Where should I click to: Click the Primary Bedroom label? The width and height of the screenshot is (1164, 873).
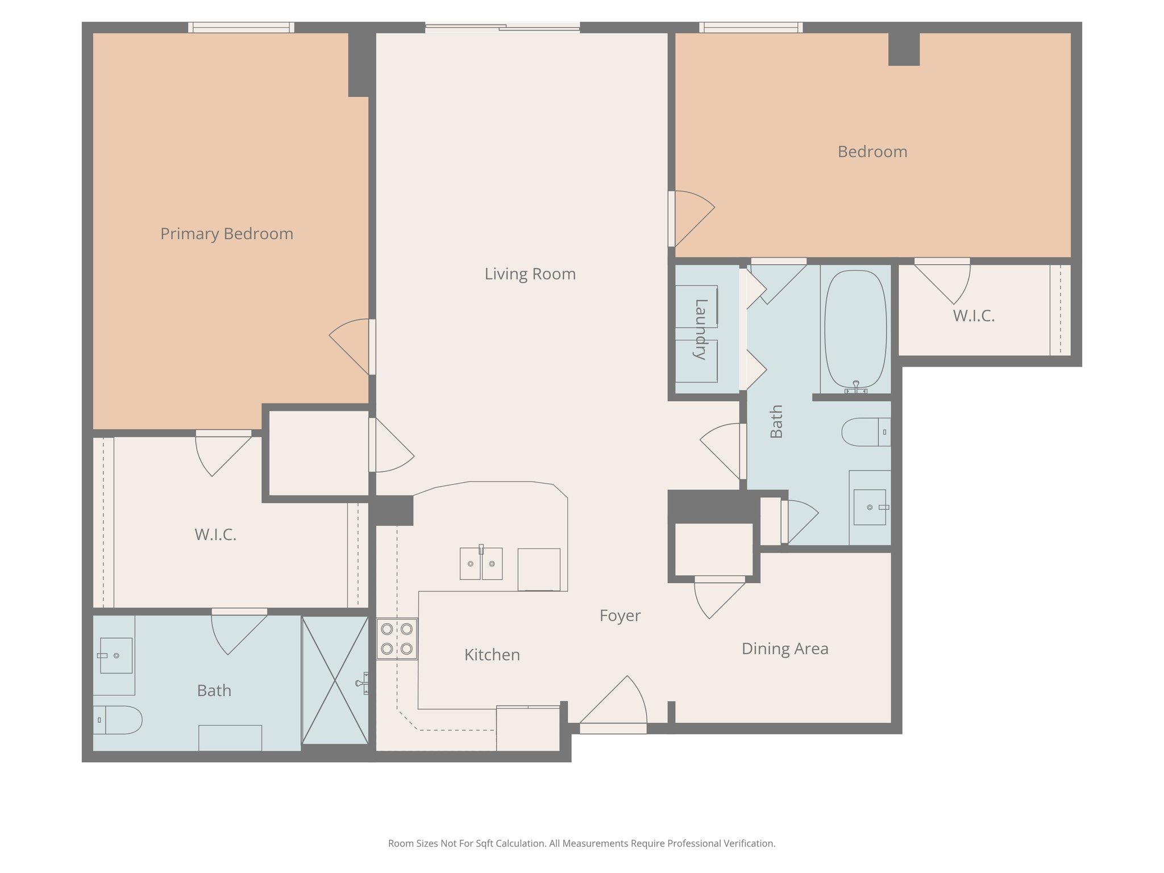tap(226, 234)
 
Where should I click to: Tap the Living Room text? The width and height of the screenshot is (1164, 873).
tap(530, 274)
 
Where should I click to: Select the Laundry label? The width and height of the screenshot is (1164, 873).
tap(700, 329)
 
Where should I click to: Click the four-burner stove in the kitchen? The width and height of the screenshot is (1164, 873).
tap(397, 639)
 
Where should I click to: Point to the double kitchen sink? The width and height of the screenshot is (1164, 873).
tap(481, 563)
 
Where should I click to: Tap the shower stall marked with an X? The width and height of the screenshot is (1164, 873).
tap(335, 680)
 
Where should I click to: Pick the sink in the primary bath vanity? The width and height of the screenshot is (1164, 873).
tap(116, 655)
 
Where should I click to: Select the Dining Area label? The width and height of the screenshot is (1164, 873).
tap(784, 648)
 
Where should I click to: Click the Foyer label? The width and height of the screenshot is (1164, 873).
tap(620, 616)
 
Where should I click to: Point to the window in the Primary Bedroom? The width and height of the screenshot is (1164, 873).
tap(241, 27)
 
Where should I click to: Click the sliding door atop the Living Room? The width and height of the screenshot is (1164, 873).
tap(502, 27)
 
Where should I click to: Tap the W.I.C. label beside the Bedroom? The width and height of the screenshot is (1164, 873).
tap(974, 316)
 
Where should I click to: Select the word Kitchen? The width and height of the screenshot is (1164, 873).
tap(492, 655)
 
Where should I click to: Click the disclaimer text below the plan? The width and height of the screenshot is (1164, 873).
tap(581, 843)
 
